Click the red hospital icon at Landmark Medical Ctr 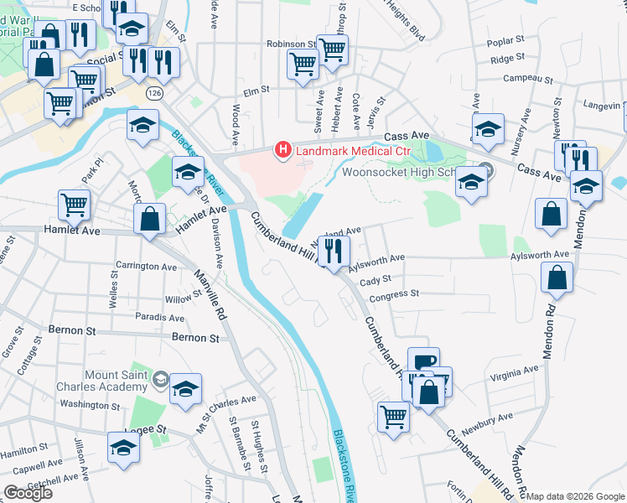pyautogui.click(x=283, y=151)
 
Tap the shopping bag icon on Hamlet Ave pyautogui.click(x=150, y=220)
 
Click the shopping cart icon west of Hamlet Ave pyautogui.click(x=75, y=205)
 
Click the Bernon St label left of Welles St pyautogui.click(x=72, y=331)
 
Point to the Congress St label pyautogui.click(x=394, y=294)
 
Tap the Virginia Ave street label pyautogui.click(x=514, y=373)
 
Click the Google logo pyautogui.click(x=28, y=493)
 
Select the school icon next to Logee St pyautogui.click(x=123, y=449)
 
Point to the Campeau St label pyautogui.click(x=525, y=79)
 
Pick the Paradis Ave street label pyautogui.click(x=156, y=317)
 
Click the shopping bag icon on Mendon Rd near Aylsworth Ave pyautogui.click(x=557, y=278)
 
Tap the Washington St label pyautogui.click(x=91, y=404)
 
